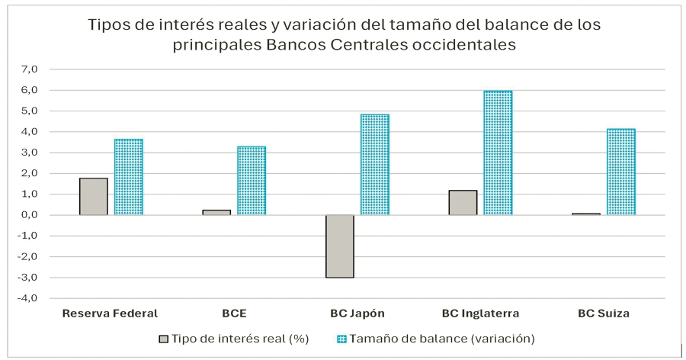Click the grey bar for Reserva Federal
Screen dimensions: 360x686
93,196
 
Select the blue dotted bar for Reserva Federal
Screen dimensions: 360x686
128,177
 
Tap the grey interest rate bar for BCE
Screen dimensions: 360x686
216,212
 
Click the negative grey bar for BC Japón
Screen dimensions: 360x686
339,246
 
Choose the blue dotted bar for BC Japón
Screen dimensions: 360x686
374,165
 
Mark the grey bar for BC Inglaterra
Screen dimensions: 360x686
463,202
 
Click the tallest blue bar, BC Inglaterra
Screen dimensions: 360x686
498,153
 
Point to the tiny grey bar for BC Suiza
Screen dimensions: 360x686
585,214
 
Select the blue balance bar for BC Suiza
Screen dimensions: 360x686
621,172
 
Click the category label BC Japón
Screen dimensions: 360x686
357,313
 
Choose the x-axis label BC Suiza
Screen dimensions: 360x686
604,313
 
